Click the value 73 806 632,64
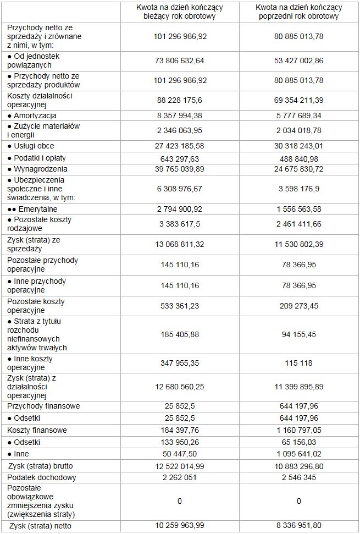(180, 60)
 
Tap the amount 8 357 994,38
(180, 115)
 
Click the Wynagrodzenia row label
(37, 169)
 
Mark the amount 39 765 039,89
(180, 169)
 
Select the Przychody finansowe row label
(43, 406)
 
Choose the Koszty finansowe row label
(37, 430)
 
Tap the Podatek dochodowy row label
(42, 477)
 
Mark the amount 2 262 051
(180, 477)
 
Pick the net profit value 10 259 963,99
(180, 526)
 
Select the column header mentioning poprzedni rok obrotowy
(300, 12)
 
